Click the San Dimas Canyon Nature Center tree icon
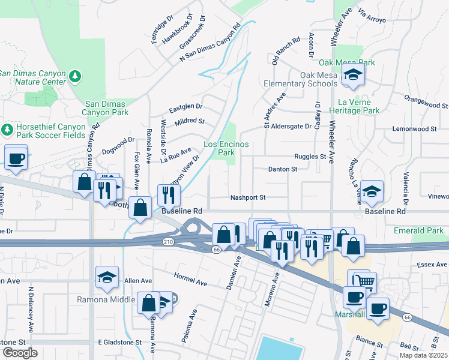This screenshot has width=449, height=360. (76, 77)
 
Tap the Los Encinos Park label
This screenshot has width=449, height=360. (218, 149)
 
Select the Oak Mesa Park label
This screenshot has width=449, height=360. (346, 62)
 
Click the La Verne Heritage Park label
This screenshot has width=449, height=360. (359, 106)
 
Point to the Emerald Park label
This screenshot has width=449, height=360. (418, 230)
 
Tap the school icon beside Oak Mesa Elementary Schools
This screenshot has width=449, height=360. (353, 76)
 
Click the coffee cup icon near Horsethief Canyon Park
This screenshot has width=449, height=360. (16, 158)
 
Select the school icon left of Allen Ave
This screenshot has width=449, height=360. (107, 277)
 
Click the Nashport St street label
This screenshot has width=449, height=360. (248, 197)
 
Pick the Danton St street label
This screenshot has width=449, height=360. (282, 169)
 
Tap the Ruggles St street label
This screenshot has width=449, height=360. (310, 157)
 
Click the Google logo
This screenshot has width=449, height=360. (20, 353)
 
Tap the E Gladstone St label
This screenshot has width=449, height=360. (119, 342)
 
